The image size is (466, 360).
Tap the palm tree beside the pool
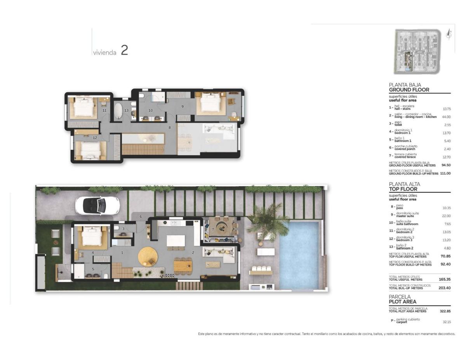[x=268, y=222]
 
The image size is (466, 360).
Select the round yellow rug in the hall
[x=148, y=256]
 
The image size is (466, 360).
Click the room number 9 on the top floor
[x=182, y=106]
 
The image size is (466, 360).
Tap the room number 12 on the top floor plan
[x=95, y=137]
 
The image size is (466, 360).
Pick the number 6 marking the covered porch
[x=141, y=216]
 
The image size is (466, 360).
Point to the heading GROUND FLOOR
[x=409, y=90]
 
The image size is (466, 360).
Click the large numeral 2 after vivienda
[x=124, y=50]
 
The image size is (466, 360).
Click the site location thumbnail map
[x=417, y=51]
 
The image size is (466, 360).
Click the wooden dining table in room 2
[x=183, y=266]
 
